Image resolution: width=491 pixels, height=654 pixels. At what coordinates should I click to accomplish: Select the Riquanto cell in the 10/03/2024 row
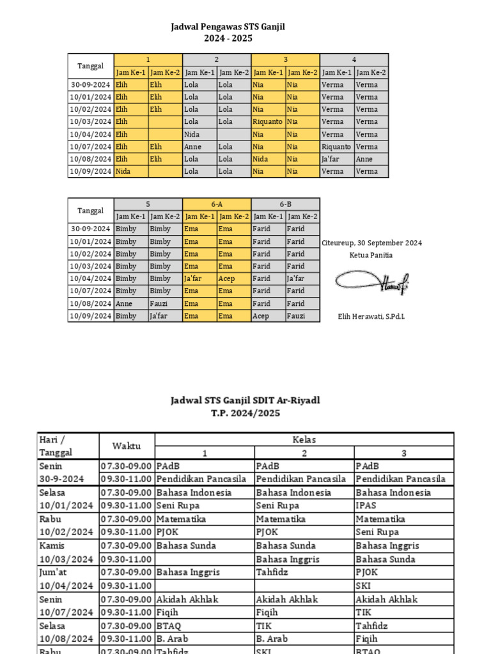click(x=268, y=121)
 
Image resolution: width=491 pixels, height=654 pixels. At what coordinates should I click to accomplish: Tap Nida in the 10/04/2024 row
click(x=192, y=134)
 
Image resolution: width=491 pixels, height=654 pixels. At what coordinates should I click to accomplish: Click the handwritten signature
click(x=371, y=282)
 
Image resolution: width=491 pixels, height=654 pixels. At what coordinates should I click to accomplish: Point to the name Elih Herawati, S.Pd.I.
click(x=371, y=316)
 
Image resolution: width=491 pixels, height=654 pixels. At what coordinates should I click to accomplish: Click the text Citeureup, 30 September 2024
click(x=371, y=243)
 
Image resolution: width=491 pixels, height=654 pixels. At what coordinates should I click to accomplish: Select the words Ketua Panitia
click(x=371, y=255)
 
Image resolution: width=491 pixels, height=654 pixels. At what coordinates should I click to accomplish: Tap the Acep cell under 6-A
click(x=227, y=278)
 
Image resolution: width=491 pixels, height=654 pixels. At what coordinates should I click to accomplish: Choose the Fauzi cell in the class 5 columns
click(x=159, y=303)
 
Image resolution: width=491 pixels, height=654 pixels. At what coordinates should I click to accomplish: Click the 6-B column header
click(x=285, y=204)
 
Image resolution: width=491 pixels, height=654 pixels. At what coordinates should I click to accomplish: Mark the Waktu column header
click(x=127, y=446)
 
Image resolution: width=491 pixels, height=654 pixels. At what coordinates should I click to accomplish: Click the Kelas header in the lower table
click(x=304, y=439)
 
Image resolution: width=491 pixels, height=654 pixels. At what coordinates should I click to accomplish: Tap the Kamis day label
click(x=51, y=545)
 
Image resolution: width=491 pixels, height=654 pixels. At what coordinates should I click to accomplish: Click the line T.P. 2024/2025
click(x=245, y=413)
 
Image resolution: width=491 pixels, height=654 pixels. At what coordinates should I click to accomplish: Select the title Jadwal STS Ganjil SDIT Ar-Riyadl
click(x=245, y=400)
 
